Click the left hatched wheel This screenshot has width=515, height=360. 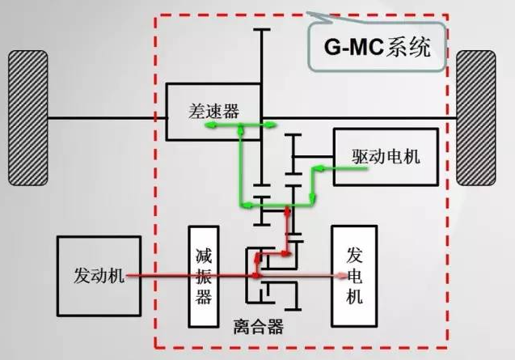tap(27, 117)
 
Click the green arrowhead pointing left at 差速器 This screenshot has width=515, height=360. tap(243, 125)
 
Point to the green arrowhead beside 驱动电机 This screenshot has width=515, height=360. tap(319, 169)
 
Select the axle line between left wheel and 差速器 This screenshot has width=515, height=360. tap(106, 118)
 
